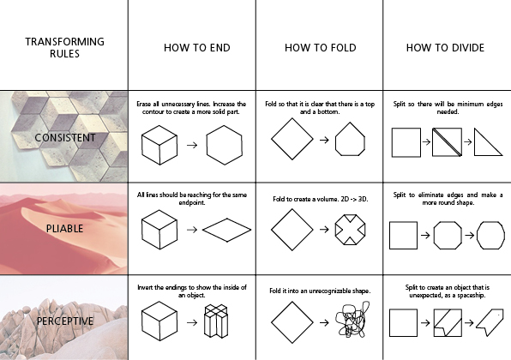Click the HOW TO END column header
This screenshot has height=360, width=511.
click(197, 48)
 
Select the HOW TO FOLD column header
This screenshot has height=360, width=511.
click(321, 48)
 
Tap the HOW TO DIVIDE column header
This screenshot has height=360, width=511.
click(445, 48)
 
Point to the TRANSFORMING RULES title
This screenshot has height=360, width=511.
click(64, 47)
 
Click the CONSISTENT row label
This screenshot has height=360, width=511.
click(65, 137)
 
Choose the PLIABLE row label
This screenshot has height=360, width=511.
click(64, 228)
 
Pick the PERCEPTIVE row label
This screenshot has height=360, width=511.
click(65, 321)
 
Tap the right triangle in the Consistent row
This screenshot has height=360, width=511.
click(475, 143)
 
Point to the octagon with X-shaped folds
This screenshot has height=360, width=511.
click(351, 214)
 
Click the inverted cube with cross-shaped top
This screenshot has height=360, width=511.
click(216, 321)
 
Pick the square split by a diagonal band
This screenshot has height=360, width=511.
click(448, 142)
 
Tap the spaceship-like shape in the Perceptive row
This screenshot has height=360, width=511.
click(490, 323)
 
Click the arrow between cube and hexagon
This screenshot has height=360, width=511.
click(192, 145)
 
